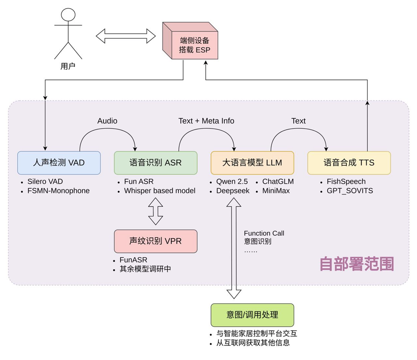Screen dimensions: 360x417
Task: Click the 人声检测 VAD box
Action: pos(59,163)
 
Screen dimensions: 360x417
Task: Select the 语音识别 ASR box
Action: pos(155,163)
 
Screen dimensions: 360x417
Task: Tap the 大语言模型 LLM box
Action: pos(252,163)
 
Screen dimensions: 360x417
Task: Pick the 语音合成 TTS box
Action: pos(349,163)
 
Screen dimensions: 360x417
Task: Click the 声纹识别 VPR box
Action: pos(155,241)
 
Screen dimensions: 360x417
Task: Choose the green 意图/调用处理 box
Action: pos(252,315)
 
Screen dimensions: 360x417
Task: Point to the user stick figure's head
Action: pos(68,15)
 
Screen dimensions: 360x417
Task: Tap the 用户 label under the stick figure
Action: pos(68,66)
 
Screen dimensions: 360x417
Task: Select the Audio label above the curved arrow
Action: pos(107,121)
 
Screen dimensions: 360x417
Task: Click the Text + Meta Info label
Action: pos(206,121)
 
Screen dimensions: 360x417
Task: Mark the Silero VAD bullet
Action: pos(45,182)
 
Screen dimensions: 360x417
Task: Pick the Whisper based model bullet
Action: pos(159,191)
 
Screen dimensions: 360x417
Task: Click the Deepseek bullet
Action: pos(233,191)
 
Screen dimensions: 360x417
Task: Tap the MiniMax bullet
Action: pos(276,191)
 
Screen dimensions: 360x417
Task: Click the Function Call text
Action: pos(264,233)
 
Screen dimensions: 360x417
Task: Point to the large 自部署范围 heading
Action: pos(356,264)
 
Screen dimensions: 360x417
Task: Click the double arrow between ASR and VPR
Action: pos(155,211)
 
